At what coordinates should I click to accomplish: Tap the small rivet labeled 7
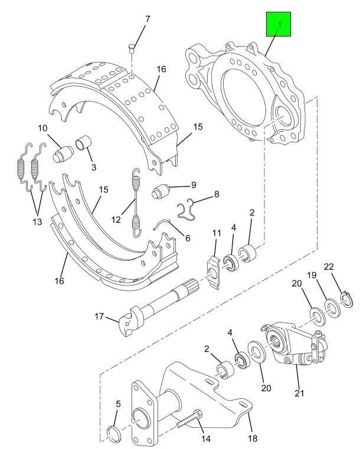tap(132, 47)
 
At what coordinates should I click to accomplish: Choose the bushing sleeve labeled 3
tap(83, 143)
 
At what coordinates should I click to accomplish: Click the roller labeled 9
tap(161, 192)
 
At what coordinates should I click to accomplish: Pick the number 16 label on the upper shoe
tap(161, 69)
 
